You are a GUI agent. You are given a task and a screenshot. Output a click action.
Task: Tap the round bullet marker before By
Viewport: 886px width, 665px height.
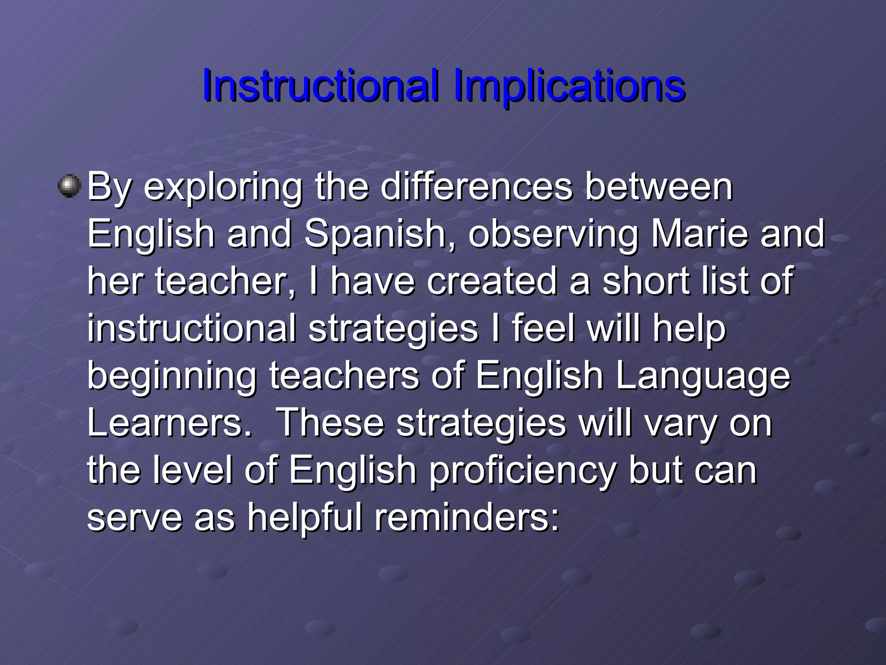tap(70, 186)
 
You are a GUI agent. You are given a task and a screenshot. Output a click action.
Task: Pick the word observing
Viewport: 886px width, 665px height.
tap(553, 234)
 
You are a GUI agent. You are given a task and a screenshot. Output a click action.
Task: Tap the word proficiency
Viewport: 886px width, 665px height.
tap(523, 471)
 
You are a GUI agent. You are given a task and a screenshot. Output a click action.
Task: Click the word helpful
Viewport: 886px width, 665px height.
tap(305, 518)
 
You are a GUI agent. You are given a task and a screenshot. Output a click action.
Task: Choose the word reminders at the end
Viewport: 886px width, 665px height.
tap(466, 518)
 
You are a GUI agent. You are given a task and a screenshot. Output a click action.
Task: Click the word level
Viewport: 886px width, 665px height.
tap(193, 471)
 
